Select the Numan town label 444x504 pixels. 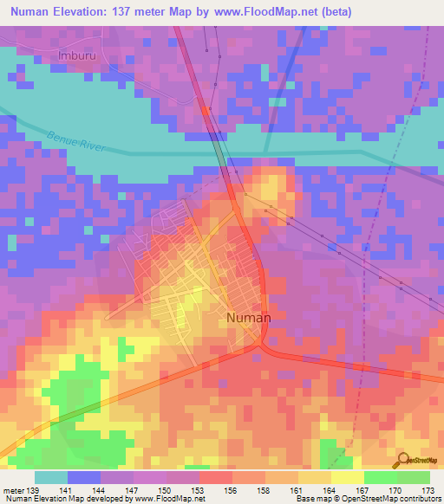pos(248,318)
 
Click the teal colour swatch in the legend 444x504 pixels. pos(51,477)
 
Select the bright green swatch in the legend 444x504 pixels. pos(381,477)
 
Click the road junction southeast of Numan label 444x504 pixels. pos(261,345)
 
